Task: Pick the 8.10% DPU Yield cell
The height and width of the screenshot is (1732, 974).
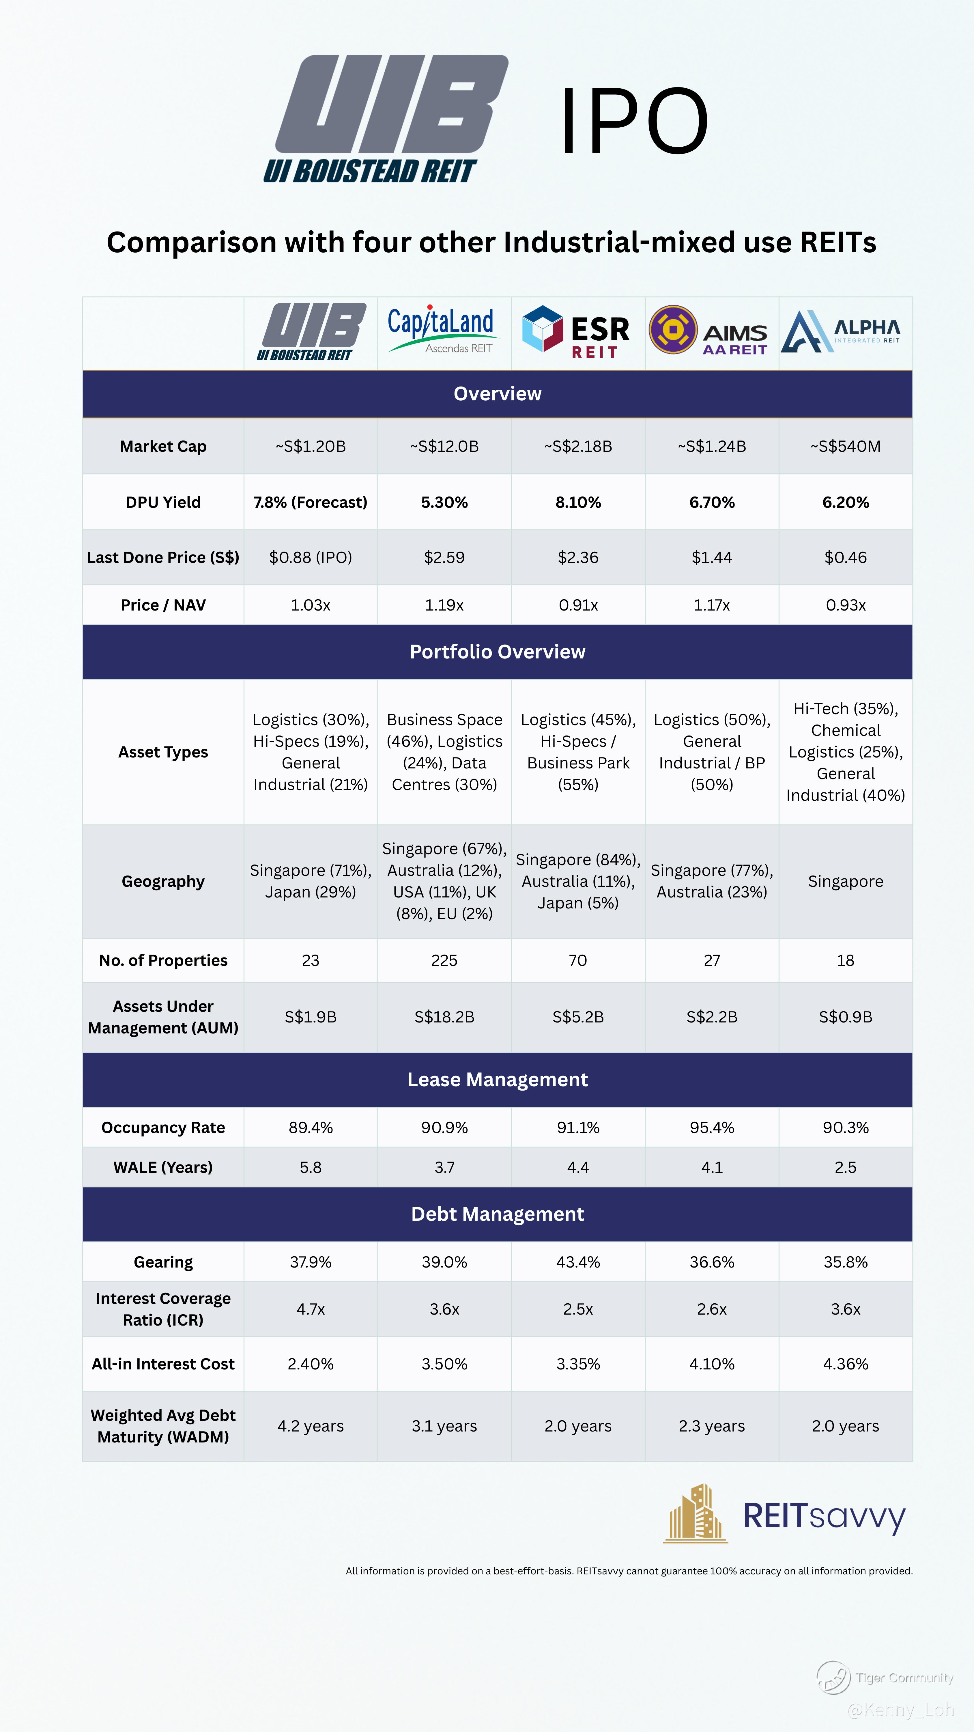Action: tap(578, 502)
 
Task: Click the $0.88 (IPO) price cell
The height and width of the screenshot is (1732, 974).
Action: tap(311, 557)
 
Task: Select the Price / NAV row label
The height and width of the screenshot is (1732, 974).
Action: tap(163, 605)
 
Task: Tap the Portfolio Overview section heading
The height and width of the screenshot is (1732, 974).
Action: tap(498, 652)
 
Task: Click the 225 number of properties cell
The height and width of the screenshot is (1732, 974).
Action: tap(444, 960)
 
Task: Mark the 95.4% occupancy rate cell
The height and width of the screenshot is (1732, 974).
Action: tap(712, 1128)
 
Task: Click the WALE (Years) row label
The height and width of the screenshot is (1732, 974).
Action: tap(163, 1167)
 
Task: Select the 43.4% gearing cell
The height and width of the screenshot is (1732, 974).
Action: tap(578, 1262)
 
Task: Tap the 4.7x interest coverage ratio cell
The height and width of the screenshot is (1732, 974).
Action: tap(311, 1309)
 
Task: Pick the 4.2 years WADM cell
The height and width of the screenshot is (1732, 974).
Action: tap(311, 1426)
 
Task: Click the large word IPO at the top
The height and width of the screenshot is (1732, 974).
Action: tap(634, 121)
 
